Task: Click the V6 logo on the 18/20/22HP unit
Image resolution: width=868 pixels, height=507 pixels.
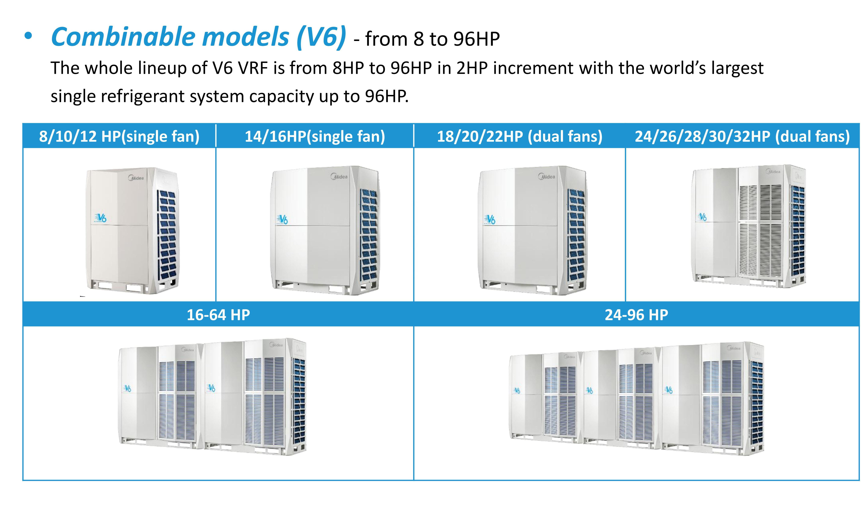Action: (x=489, y=219)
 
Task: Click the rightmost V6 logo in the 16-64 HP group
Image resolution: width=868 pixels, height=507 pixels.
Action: (x=211, y=388)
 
